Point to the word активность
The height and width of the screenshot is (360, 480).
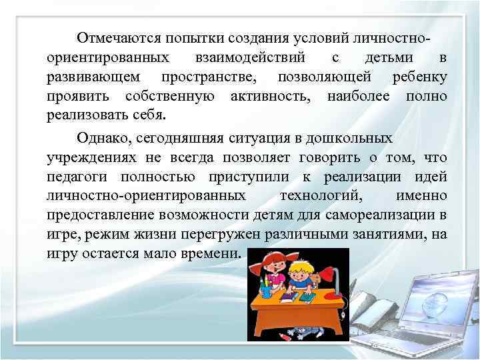point(269,98)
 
